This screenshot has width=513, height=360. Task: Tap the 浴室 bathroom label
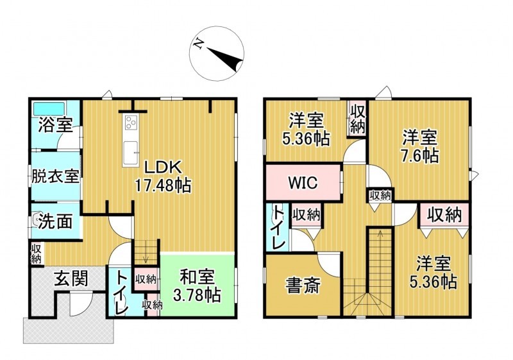55,126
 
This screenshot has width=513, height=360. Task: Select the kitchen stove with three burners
132,122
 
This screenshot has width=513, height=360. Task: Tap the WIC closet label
302,182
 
